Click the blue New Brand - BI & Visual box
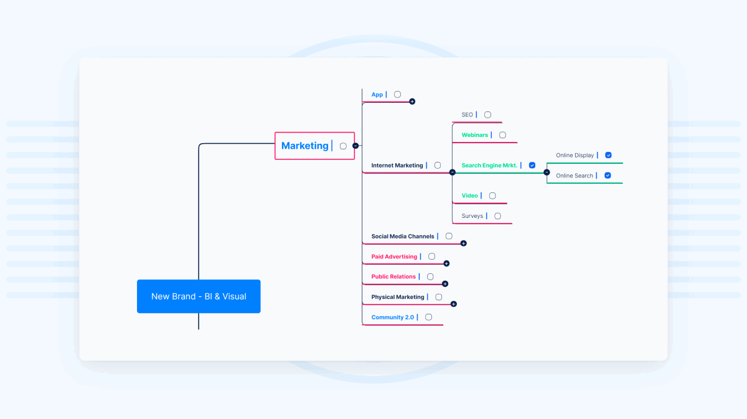(199, 296)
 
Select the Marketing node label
(305, 146)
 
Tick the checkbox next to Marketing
(343, 146)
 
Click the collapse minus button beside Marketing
(355, 146)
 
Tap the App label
(377, 95)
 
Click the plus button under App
(412, 101)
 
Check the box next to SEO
(487, 115)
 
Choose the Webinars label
(475, 135)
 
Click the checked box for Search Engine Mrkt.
(532, 166)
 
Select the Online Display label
(575, 155)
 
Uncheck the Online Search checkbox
(608, 176)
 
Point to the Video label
(470, 195)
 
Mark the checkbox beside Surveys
(497, 216)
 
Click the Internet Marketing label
(397, 166)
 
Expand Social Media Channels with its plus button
(464, 243)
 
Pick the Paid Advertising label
(394, 257)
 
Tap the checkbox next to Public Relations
(430, 276)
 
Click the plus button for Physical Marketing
(453, 304)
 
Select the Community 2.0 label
(392, 318)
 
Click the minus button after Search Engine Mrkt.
(547, 172)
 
